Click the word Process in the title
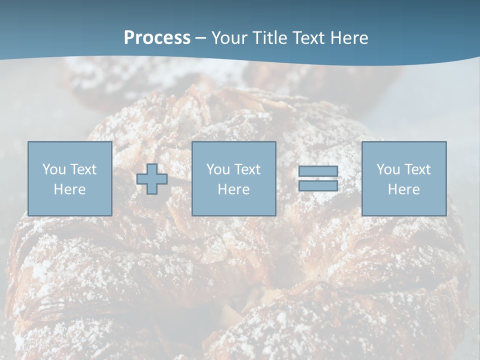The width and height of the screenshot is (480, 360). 157,38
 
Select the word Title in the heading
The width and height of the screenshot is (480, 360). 271,38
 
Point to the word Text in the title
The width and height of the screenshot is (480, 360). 311,38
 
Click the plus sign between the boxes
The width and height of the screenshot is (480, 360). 152,179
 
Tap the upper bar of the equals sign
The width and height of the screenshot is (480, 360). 318,171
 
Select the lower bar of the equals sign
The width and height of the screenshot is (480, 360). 318,186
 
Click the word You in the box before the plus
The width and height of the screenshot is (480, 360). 54,169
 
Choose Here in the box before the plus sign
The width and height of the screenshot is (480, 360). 69,189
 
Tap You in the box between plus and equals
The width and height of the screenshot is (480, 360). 218,169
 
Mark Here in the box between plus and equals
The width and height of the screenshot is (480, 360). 233,189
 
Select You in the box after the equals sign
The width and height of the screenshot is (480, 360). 388,169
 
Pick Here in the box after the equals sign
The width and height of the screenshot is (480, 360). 403,189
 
